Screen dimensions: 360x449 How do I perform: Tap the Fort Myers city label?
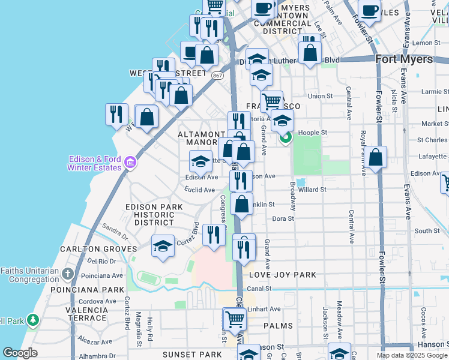(x=404, y=59)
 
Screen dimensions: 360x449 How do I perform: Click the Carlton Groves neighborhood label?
(x=110, y=248)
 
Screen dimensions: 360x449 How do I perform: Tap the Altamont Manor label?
(x=202, y=139)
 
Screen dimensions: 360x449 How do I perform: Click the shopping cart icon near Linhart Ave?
(x=234, y=318)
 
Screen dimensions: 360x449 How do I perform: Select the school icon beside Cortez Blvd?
(x=163, y=246)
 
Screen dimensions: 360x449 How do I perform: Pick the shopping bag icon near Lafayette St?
(x=376, y=157)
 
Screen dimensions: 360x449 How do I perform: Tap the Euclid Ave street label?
(x=199, y=190)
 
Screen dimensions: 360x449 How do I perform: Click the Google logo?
(x=20, y=353)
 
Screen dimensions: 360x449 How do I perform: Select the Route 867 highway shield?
(x=218, y=74)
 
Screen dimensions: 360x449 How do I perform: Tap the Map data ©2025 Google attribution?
(x=412, y=355)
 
